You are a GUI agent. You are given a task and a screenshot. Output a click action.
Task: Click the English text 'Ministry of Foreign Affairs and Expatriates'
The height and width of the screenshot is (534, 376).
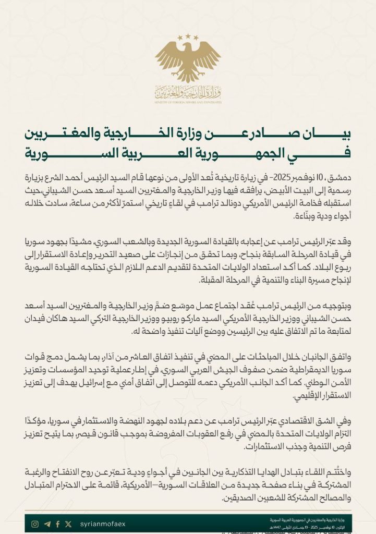188,103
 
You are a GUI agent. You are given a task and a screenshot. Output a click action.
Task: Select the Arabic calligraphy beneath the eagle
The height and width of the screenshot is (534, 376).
188,93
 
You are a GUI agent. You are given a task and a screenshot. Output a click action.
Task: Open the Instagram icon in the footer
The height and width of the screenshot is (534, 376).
35,524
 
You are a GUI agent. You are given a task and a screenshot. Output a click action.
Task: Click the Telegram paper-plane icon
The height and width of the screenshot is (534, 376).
47,524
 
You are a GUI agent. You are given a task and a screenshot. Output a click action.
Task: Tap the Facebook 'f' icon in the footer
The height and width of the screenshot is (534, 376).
57,524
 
